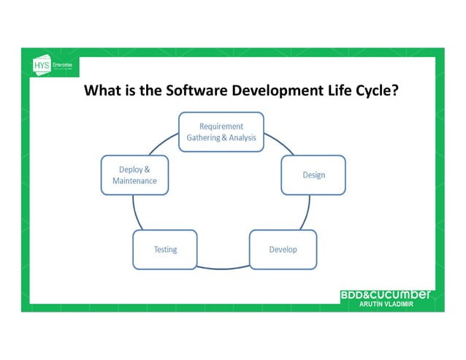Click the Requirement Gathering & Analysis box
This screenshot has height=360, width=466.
pos(221,132)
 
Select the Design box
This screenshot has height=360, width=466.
pos(313,175)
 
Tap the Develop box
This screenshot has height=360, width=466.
pos(283,250)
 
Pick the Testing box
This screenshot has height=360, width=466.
pos(165,250)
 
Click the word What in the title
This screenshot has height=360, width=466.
pos(102,91)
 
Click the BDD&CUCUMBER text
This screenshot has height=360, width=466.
pos(386,294)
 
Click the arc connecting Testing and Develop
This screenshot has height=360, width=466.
pos(224,268)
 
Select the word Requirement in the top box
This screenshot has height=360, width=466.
pos(221,126)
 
